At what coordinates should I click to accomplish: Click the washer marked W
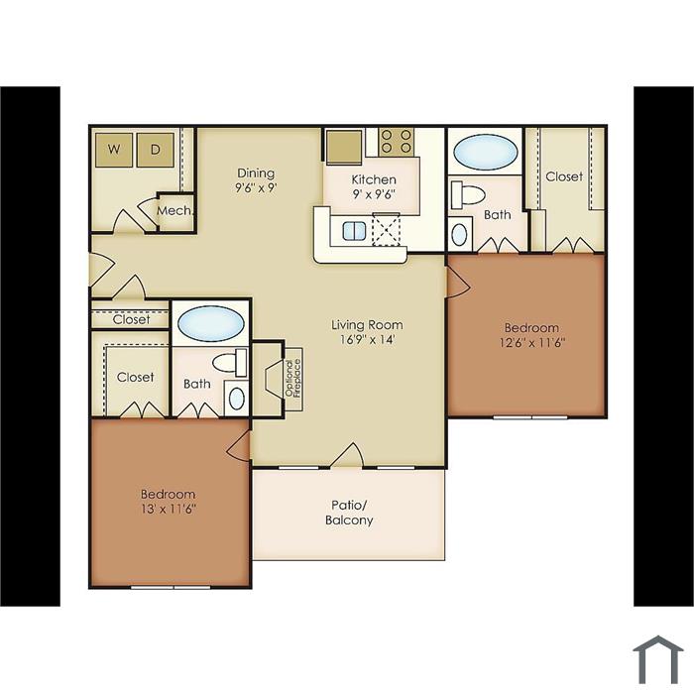coord(114,150)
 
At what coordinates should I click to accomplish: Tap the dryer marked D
coord(155,150)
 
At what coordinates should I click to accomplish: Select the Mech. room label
coord(175,210)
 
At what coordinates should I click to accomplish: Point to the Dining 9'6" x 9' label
coord(256,180)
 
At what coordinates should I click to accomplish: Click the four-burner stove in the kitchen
coord(396,141)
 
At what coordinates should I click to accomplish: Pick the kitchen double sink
coord(354,231)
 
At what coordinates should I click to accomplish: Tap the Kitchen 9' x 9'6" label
coord(374,186)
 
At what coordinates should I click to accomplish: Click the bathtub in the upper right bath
coord(486,152)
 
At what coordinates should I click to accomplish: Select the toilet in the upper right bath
coord(468,193)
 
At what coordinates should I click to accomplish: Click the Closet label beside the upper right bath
coord(564,176)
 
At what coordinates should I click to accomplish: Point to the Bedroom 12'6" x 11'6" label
coord(531,335)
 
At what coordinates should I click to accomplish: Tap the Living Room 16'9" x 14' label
coord(367,332)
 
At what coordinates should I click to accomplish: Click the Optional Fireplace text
coord(293,379)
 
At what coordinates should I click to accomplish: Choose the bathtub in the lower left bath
coord(210,323)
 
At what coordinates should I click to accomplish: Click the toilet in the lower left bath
coord(230,363)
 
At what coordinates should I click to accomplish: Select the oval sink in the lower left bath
coord(237,399)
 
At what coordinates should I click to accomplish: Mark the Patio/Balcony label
coord(349,513)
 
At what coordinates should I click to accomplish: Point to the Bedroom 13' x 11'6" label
coord(169,501)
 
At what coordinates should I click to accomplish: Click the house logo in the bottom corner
coord(657,659)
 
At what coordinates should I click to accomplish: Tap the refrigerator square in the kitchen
coord(344,147)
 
